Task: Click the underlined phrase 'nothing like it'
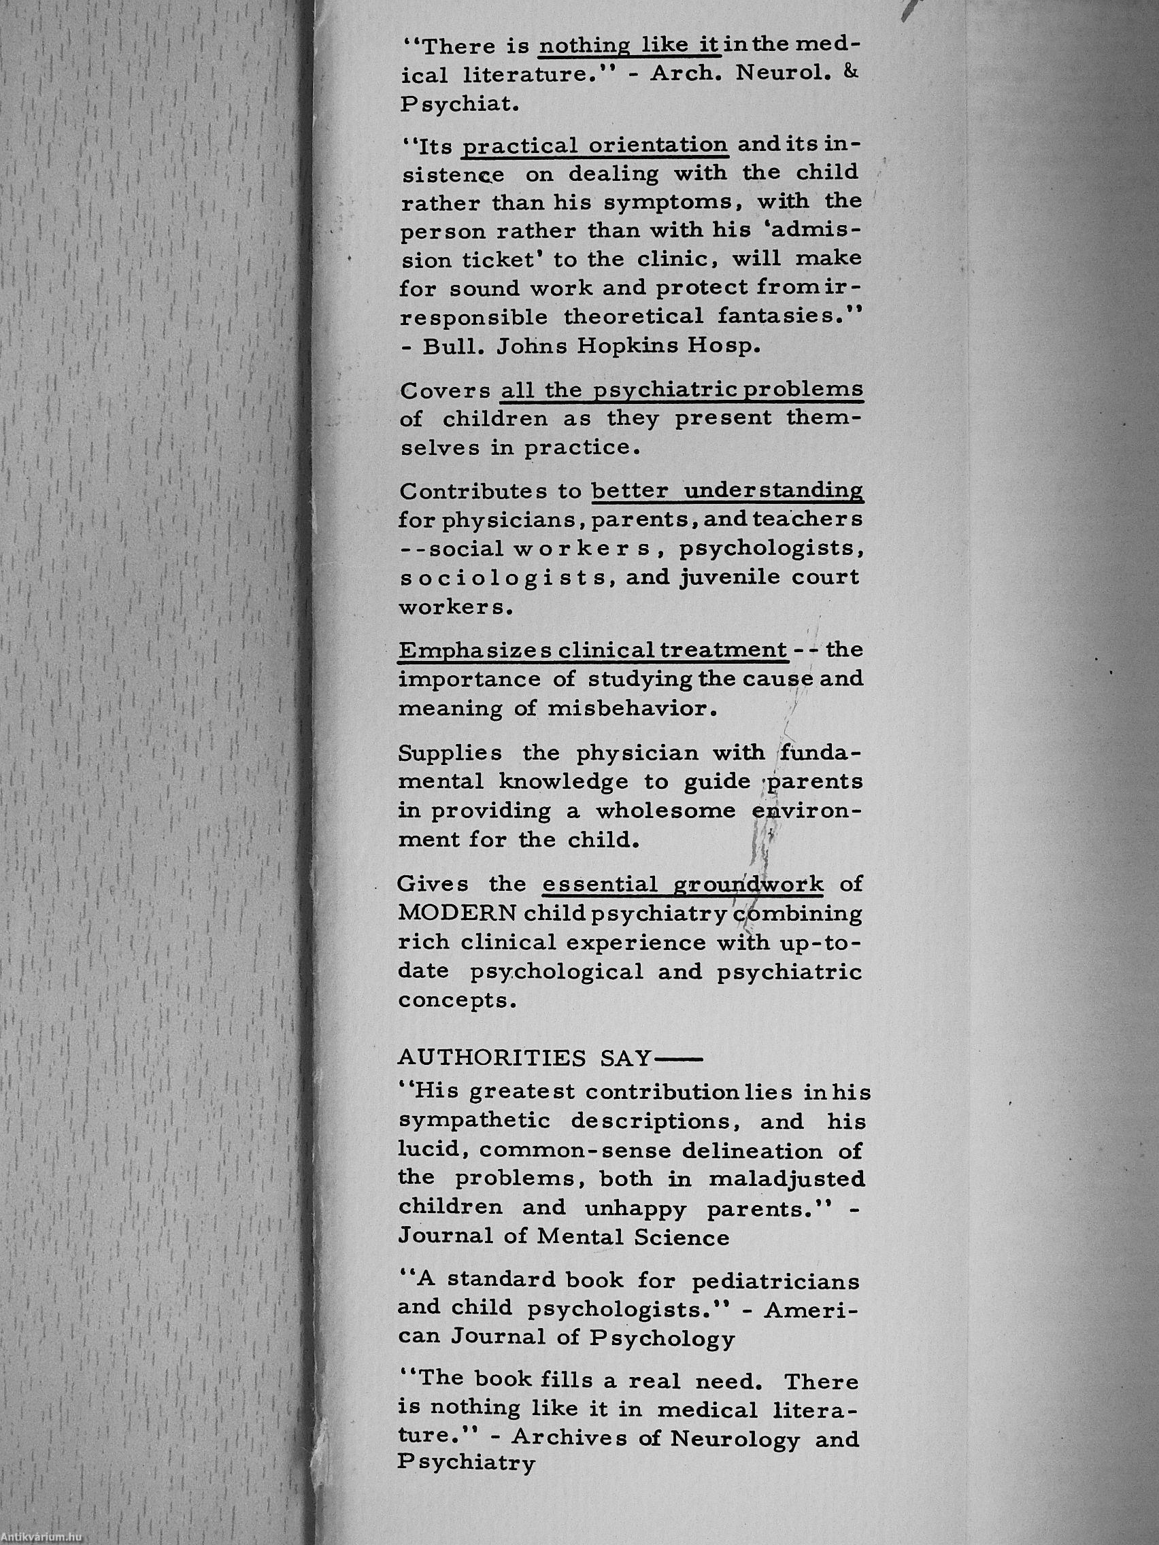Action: [628, 46]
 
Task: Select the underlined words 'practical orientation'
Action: [594, 146]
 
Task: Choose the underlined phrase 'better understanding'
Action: [727, 491]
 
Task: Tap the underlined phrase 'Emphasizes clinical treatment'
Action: [592, 649]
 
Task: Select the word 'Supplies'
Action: [450, 753]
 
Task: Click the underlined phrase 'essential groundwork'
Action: [683, 884]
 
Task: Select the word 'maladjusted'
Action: [788, 1179]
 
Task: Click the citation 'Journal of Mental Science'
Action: [564, 1238]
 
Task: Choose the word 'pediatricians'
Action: [775, 1282]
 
